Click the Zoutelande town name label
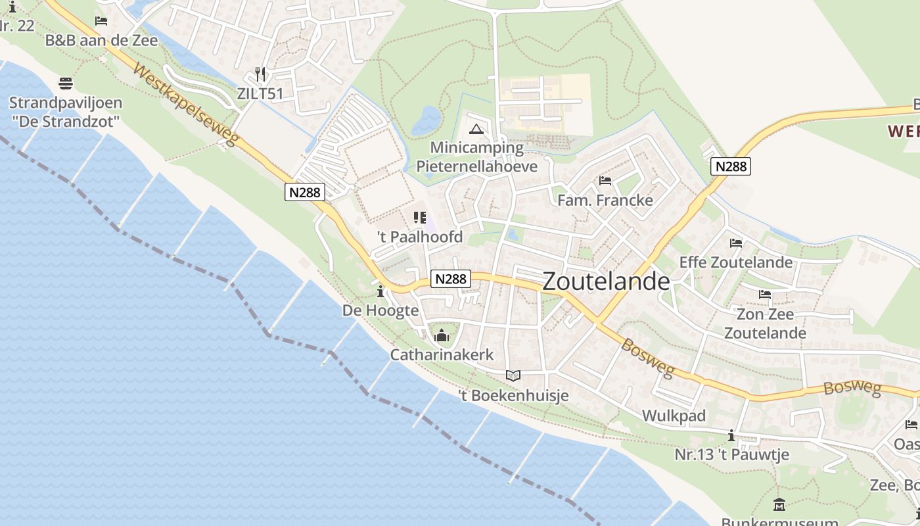(606, 281)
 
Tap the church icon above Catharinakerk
(442, 335)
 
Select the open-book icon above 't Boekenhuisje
(513, 375)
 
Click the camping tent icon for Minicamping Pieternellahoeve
(476, 128)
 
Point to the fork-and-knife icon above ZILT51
(260, 74)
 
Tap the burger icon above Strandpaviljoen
(65, 84)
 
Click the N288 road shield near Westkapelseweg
(305, 192)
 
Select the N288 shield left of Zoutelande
(451, 279)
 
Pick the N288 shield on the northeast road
(731, 166)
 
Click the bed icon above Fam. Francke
(605, 180)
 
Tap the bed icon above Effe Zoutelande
(736, 243)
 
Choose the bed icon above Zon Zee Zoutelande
(765, 294)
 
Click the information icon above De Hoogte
(380, 291)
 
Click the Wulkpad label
(674, 416)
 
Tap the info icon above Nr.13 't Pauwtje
(731, 435)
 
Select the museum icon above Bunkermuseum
(779, 505)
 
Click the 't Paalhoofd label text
(420, 237)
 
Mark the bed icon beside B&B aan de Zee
(101, 21)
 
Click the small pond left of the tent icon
(427, 120)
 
